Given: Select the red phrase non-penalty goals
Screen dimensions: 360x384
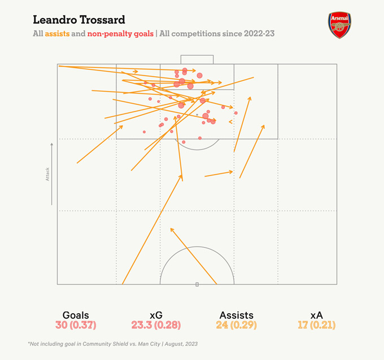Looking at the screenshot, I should (x=120, y=34).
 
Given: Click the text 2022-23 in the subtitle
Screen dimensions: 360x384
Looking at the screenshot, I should (x=259, y=34).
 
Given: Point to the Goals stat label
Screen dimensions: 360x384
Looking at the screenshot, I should (x=76, y=315).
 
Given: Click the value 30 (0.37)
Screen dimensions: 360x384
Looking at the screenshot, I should (x=76, y=325).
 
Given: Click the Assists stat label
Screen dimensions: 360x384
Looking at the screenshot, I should (x=236, y=315).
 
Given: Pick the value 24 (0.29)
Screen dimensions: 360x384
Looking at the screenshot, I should (x=236, y=325).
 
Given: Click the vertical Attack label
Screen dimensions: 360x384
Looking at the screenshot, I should (x=48, y=174).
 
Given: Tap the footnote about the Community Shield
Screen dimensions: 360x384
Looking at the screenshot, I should (x=113, y=344).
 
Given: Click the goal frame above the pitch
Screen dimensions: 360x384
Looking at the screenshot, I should (x=197, y=59).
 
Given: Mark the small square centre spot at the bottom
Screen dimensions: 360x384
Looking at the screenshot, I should (x=197, y=284).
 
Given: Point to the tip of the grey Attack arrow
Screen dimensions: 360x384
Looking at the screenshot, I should (x=52, y=143).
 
